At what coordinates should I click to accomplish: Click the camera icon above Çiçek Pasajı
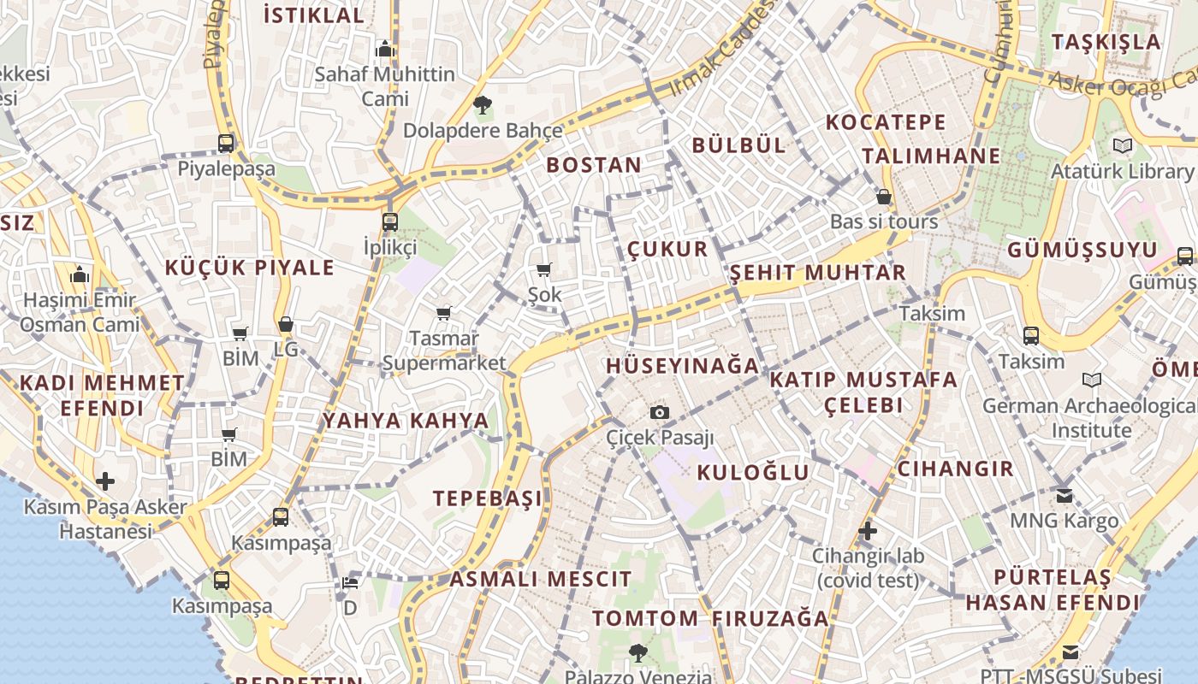[x=659, y=413]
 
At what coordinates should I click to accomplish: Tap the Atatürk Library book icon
[x=1122, y=145]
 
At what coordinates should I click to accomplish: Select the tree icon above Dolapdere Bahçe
[x=483, y=105]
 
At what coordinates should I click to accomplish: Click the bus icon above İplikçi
[x=390, y=221]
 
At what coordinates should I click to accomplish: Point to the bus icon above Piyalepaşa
[x=226, y=143]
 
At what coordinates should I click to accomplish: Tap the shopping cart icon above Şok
[x=543, y=270]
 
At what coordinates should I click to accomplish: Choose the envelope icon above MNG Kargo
[x=1064, y=495]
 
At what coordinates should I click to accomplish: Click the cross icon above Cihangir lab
[x=868, y=531]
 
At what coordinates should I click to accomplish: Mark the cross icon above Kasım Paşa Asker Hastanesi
[x=105, y=481]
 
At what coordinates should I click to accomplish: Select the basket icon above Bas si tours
[x=884, y=197]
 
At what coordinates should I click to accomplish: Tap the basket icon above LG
[x=286, y=324]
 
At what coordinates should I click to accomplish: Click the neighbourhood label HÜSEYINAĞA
[x=682, y=366]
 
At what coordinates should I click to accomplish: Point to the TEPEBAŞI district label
[x=488, y=498]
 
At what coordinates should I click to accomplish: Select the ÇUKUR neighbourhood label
[x=667, y=249]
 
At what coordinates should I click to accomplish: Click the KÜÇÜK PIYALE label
[x=250, y=268]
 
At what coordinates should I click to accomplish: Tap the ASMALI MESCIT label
[x=541, y=579]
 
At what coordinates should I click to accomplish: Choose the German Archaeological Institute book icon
[x=1091, y=380]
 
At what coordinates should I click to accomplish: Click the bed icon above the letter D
[x=350, y=583]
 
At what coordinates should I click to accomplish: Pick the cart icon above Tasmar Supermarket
[x=443, y=313]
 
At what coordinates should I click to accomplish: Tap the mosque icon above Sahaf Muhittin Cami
[x=385, y=49]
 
